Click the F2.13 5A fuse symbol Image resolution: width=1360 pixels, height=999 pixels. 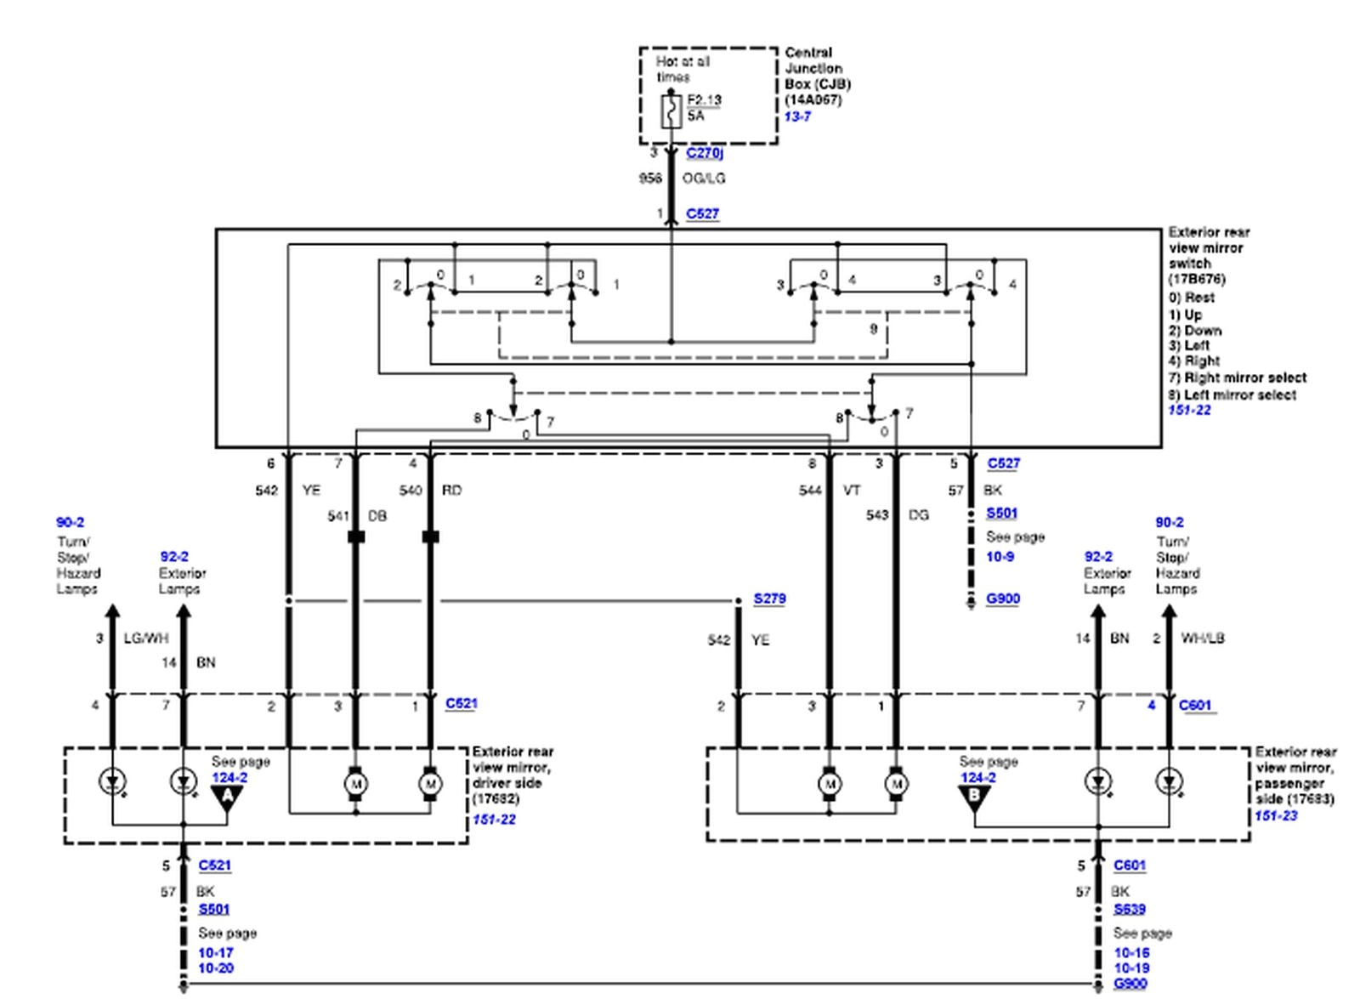pos(671,111)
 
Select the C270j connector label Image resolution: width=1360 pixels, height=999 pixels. pos(704,153)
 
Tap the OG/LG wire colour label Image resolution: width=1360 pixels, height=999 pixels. pos(704,179)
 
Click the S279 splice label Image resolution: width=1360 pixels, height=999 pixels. pos(769,599)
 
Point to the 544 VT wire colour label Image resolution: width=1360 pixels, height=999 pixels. pos(852,491)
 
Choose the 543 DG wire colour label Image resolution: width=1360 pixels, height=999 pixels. pos(919,515)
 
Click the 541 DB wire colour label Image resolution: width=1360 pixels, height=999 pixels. pos(377,516)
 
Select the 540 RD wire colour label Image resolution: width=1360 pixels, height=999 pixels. pos(451,491)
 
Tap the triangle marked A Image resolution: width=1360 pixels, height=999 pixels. pos(227,797)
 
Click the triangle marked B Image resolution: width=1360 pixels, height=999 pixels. pos(974,797)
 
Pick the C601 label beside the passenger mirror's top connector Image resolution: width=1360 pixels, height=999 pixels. pos(1194,705)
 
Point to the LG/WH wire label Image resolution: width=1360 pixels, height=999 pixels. pos(146,638)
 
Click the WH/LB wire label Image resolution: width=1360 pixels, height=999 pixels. pos(1202,638)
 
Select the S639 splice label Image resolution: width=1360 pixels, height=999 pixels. pos(1130,909)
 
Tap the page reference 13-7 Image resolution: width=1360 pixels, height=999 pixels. pos(797,116)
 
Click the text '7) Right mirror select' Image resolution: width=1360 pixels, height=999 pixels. pos(1237,377)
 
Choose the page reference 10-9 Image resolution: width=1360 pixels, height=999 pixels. pos(1000,557)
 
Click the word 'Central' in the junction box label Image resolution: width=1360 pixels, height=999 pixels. pos(808,53)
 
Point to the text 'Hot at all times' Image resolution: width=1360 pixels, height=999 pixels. pos(682,69)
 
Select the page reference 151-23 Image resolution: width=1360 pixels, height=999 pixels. pos(1276,815)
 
